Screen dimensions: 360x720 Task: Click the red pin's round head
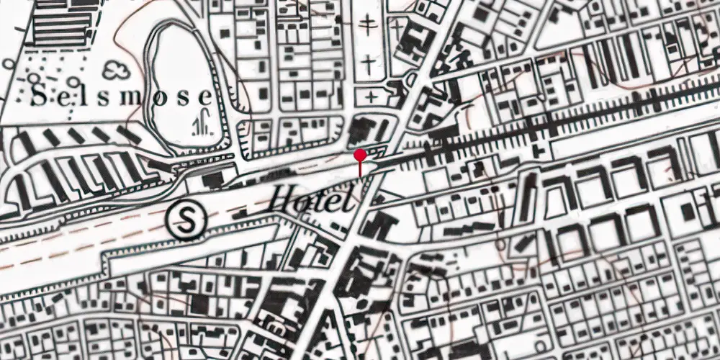(x=360, y=155)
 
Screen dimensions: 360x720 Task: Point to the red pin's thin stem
(x=360, y=168)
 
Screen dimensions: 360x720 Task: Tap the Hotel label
(x=312, y=199)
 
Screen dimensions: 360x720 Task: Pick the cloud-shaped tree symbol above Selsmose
(x=115, y=71)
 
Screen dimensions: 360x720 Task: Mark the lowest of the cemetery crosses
(x=370, y=96)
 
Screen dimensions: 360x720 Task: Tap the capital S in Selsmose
(x=41, y=96)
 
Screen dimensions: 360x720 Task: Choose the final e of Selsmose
(x=206, y=96)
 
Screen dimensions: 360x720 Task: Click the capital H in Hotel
(x=282, y=198)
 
